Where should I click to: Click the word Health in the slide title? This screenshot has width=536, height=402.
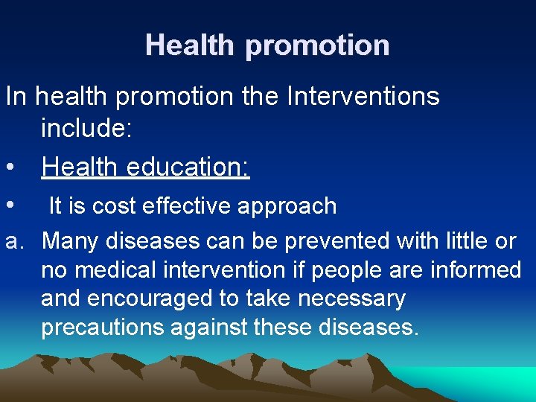coord(191,45)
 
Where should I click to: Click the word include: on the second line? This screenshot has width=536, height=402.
coord(87,129)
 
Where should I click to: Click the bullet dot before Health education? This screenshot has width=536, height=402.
coord(10,167)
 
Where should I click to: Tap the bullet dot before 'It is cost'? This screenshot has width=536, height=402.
coord(10,205)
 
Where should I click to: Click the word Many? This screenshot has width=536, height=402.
coord(71,241)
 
